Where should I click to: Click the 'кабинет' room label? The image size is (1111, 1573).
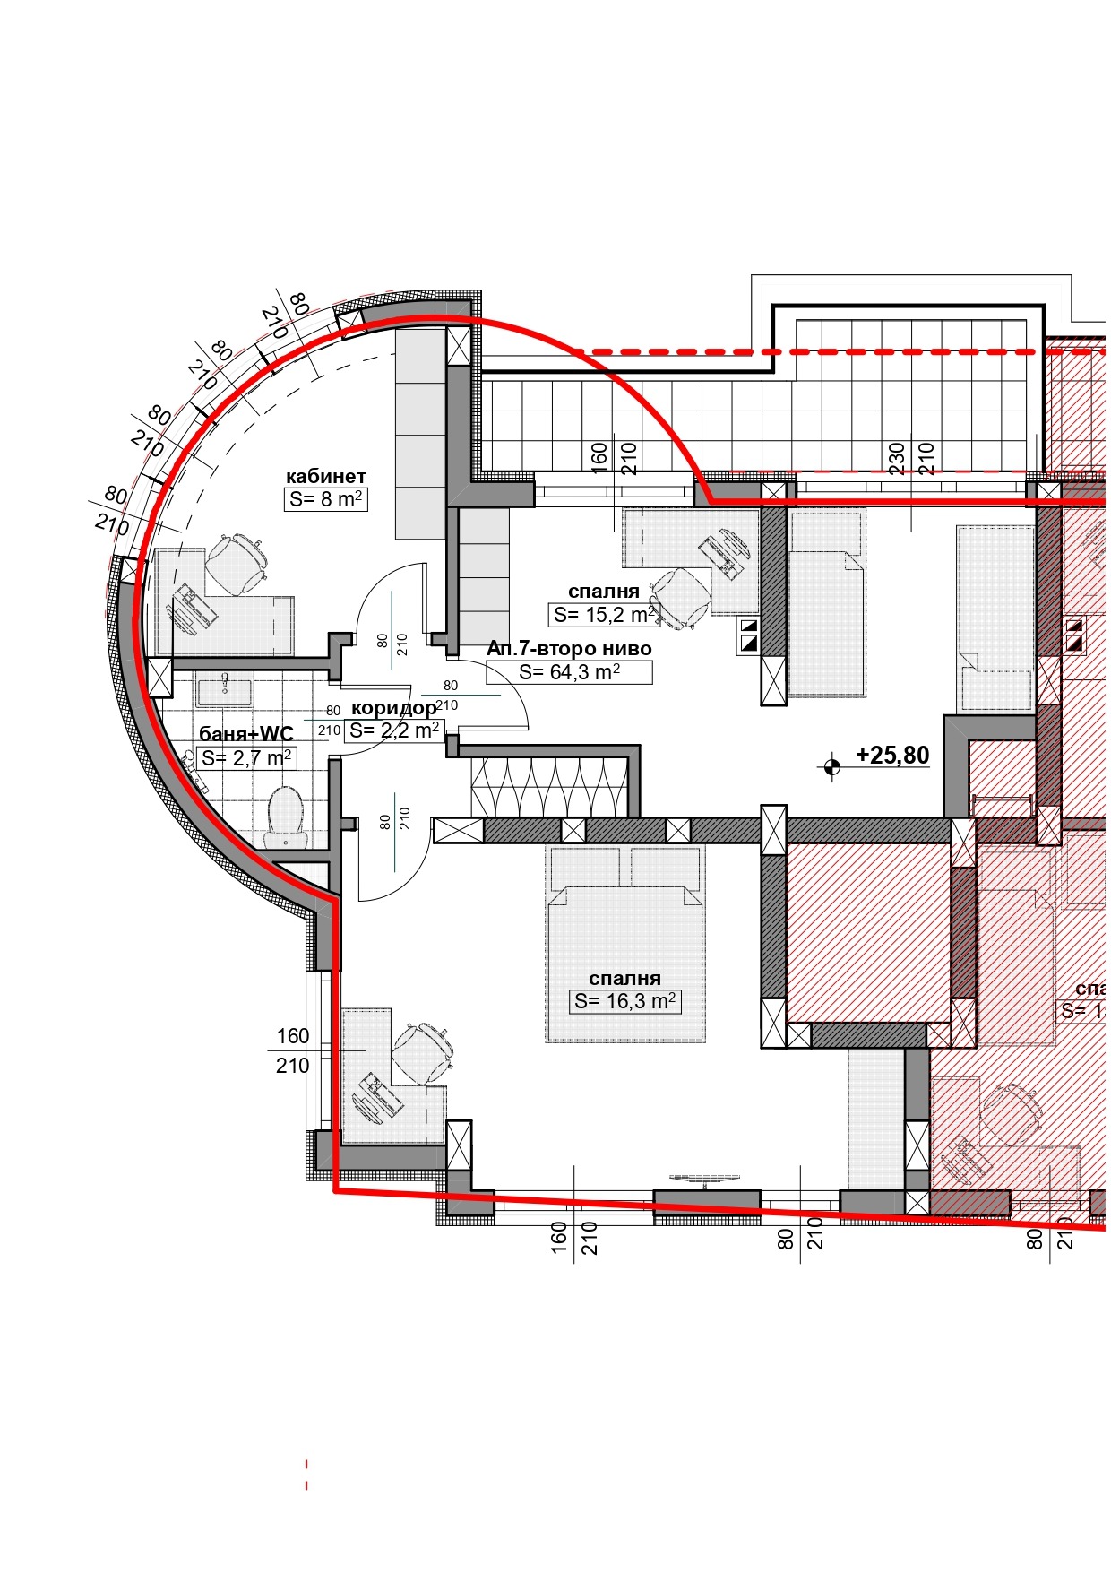point(325,476)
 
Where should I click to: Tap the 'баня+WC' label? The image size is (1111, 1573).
point(245,735)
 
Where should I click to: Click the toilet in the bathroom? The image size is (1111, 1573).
point(286,815)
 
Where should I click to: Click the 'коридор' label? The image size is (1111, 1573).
point(393,708)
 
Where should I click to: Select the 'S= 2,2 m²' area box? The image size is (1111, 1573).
point(394,730)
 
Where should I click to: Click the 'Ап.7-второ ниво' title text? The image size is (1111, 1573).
point(569,648)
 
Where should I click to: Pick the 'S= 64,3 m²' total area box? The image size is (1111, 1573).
point(569,672)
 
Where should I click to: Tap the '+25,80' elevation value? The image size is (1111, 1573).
point(891,756)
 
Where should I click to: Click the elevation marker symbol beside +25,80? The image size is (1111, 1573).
point(831,766)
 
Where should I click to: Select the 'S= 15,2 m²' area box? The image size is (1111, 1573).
point(603,615)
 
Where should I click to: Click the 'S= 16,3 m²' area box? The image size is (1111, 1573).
point(624,1001)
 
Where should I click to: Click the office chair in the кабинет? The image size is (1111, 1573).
point(236,563)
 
